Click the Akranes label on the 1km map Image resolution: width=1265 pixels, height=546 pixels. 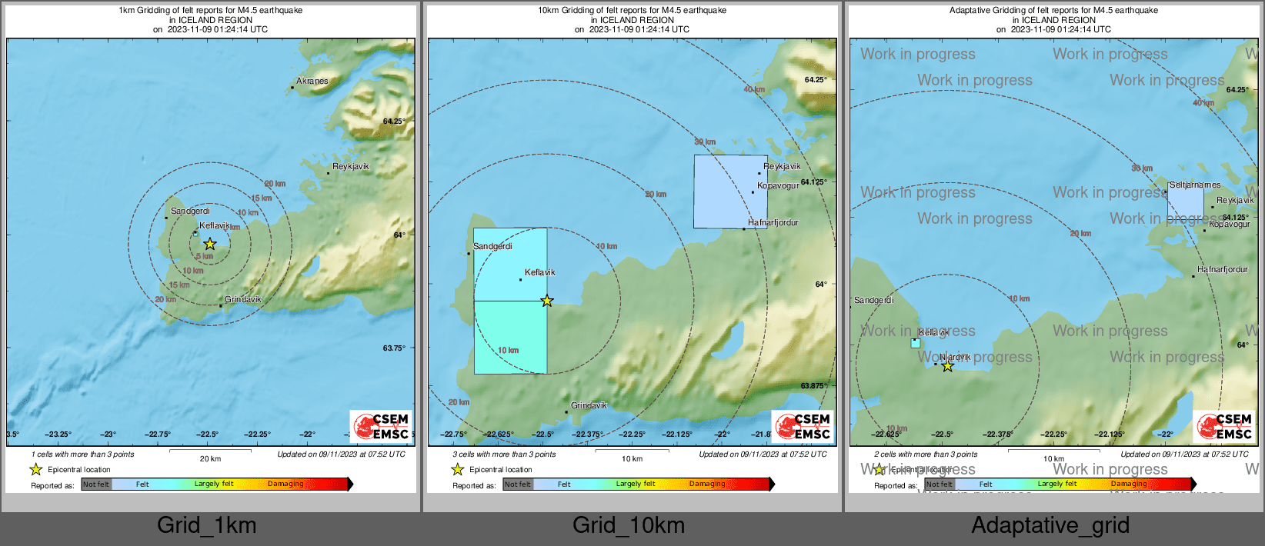tap(312, 81)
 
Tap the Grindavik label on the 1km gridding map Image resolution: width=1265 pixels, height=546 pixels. tap(243, 299)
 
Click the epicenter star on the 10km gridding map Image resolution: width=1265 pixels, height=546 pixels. tap(547, 301)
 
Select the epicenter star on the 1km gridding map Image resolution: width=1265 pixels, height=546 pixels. tap(210, 244)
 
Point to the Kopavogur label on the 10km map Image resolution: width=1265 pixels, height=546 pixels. tap(778, 185)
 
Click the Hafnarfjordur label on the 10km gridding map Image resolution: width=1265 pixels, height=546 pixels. tap(773, 222)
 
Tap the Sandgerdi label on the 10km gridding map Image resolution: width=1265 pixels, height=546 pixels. tap(492, 246)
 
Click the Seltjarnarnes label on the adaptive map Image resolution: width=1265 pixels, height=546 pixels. tap(1195, 185)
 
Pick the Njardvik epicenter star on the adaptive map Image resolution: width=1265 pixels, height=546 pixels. tap(948, 367)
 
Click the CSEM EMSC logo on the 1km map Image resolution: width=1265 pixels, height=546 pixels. tap(381, 426)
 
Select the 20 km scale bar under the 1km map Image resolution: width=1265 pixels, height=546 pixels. tap(210, 454)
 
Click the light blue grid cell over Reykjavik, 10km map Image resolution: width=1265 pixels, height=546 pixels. tap(730, 192)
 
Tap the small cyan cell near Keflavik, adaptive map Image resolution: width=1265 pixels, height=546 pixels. tap(916, 343)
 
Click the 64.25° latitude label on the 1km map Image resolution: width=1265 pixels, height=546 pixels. tap(393, 121)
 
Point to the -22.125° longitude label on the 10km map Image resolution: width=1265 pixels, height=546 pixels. tap(678, 434)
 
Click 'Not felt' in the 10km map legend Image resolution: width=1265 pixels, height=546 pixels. tap(518, 484)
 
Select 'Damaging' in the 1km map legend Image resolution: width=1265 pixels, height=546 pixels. tap(285, 484)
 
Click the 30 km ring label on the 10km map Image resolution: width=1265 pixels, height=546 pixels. tap(705, 141)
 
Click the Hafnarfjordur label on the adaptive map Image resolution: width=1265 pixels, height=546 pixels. tap(1223, 270)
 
